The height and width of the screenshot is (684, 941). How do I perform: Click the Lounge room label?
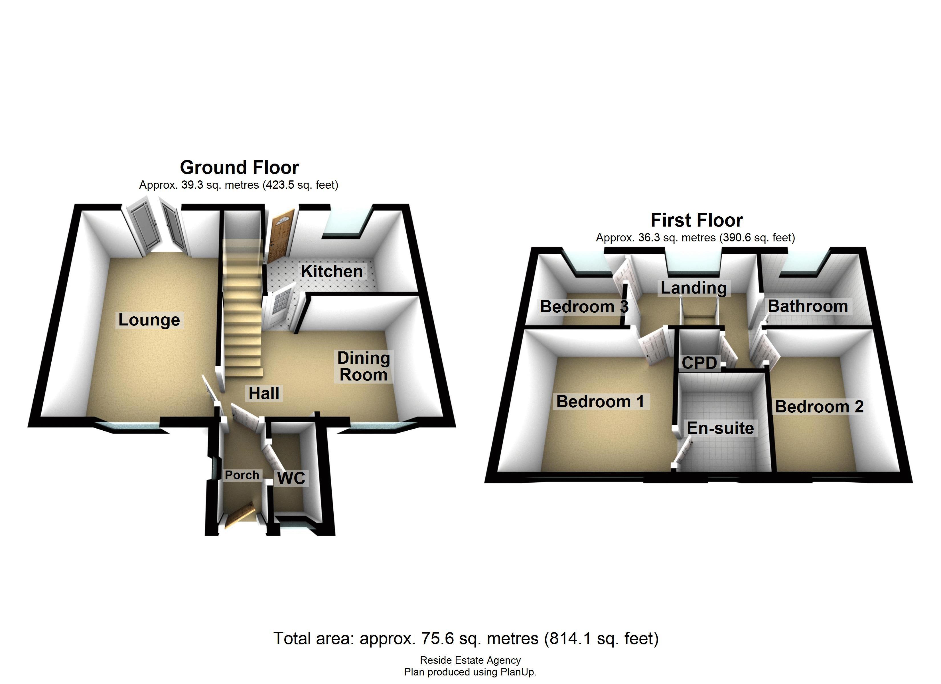coord(149,320)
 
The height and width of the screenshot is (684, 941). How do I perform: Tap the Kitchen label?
coord(332,271)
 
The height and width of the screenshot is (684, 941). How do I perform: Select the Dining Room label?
coord(364,366)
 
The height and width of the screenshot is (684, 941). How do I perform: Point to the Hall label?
coord(264,393)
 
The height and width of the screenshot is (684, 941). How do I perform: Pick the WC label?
coord(291,478)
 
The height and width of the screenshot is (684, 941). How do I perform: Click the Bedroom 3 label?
coord(584,307)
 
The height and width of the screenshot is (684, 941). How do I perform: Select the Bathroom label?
coord(807,306)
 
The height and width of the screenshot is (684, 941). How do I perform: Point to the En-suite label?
coord(720,428)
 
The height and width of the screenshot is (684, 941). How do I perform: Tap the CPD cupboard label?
coord(699,363)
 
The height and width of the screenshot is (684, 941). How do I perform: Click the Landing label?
coord(693,288)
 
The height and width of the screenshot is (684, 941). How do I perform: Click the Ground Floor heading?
coord(240,168)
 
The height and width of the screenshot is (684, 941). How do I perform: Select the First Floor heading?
coord(697,220)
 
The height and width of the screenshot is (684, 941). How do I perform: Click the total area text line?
coord(466,638)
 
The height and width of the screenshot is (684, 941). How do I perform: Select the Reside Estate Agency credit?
coord(470,660)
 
